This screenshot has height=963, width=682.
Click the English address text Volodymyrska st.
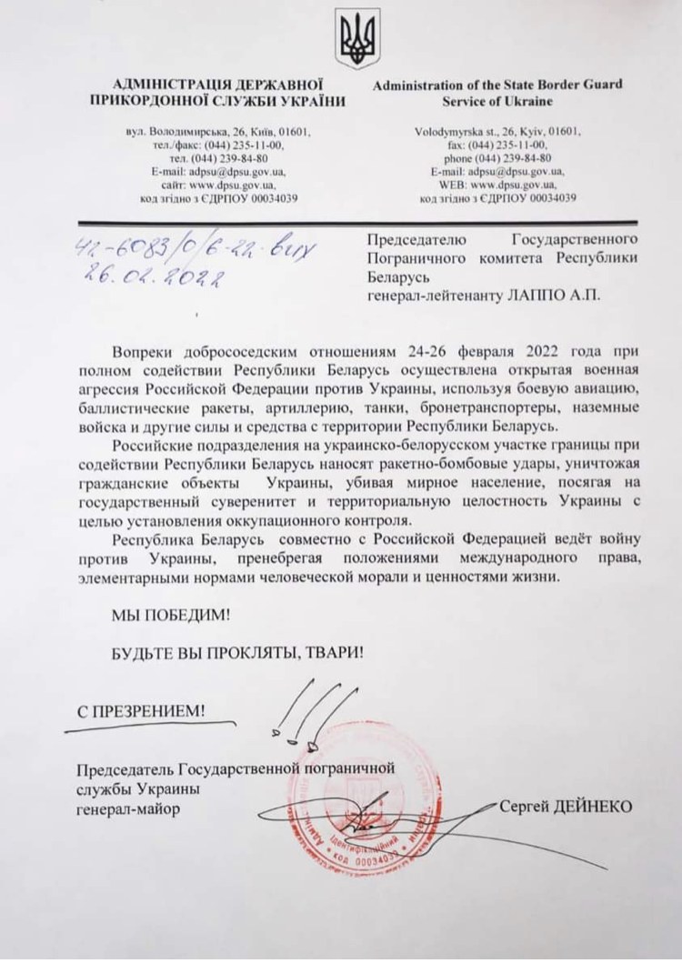click(449, 132)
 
